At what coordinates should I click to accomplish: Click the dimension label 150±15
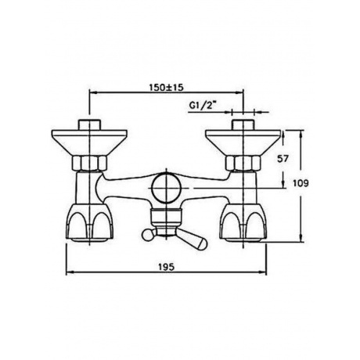[167, 87]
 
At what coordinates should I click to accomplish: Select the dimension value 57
[283, 159]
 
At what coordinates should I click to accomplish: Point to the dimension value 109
[301, 183]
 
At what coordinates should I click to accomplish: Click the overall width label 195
[166, 267]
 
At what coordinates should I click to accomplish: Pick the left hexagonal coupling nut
[89, 163]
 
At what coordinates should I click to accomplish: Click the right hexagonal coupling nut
[243, 163]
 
